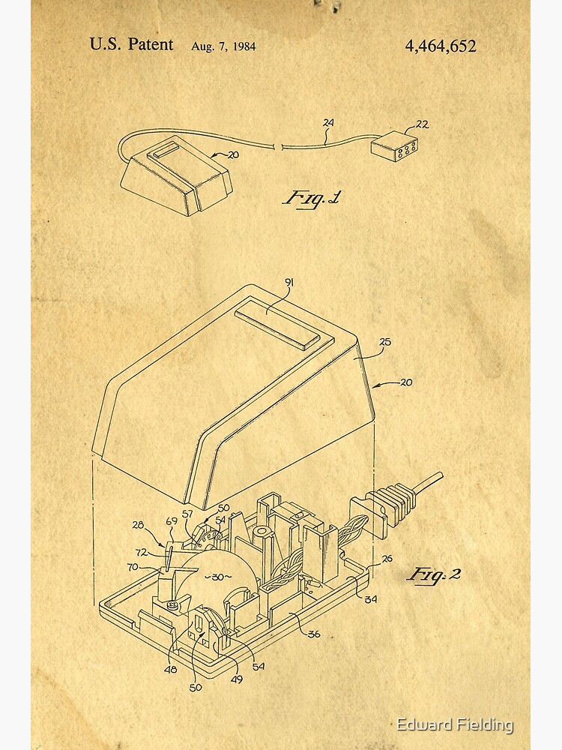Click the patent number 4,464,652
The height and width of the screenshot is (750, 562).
click(x=441, y=46)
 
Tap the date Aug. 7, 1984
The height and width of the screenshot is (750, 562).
click(x=223, y=46)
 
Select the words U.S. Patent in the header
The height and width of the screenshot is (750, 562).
click(x=131, y=44)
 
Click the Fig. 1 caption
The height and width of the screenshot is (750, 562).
click(x=312, y=199)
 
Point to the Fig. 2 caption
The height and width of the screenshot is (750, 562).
click(x=434, y=574)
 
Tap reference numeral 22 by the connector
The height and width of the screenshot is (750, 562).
click(x=423, y=124)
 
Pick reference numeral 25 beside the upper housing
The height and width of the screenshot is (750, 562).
click(x=385, y=343)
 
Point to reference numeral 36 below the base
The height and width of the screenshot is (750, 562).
click(x=314, y=634)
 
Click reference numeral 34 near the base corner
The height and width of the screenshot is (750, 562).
click(x=371, y=598)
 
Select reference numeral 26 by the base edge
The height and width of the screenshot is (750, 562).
click(x=387, y=558)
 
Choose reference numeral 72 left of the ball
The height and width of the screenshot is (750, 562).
click(x=142, y=552)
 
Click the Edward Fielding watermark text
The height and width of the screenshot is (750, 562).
click(x=455, y=724)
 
